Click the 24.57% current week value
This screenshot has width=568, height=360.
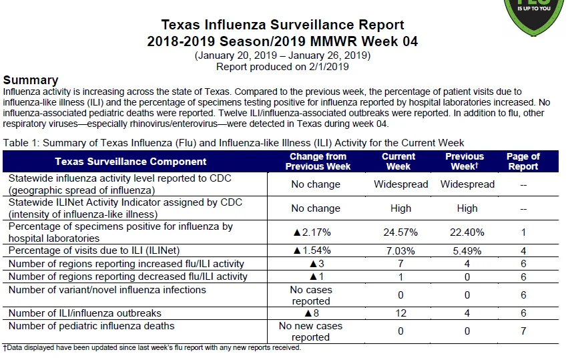[400, 232]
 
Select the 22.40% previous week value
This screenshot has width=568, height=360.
[467, 232]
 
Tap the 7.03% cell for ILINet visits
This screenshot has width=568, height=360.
[400, 251]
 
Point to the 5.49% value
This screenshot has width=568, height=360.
[467, 251]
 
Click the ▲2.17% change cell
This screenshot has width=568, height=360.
[312, 232]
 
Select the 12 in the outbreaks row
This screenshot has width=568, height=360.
[400, 313]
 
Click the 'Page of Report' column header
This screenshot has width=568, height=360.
[523, 162]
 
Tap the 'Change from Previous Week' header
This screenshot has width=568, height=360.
[318, 162]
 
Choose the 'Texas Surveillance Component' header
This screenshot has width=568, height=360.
[130, 162]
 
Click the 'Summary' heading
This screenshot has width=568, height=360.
[31, 79]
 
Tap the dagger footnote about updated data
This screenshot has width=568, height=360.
[152, 348]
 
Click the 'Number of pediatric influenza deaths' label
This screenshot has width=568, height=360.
[91, 326]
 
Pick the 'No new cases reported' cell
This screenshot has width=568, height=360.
[310, 331]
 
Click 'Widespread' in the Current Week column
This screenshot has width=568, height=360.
[400, 184]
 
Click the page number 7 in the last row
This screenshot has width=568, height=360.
[523, 331]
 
